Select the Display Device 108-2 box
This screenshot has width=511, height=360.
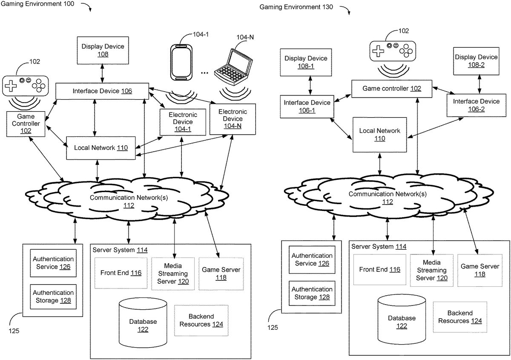476,61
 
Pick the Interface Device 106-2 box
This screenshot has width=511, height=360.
476,105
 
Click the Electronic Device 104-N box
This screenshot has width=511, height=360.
230,119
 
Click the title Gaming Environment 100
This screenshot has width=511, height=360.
37,4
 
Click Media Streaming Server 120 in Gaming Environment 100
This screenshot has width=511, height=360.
172,274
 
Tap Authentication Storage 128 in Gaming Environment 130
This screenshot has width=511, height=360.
312,293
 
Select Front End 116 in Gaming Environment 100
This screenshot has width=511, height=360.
121,273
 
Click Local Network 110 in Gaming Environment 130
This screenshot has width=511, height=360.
379,135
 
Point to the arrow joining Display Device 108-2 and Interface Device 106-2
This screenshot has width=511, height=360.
480,84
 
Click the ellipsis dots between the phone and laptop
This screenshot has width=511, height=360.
204,72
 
